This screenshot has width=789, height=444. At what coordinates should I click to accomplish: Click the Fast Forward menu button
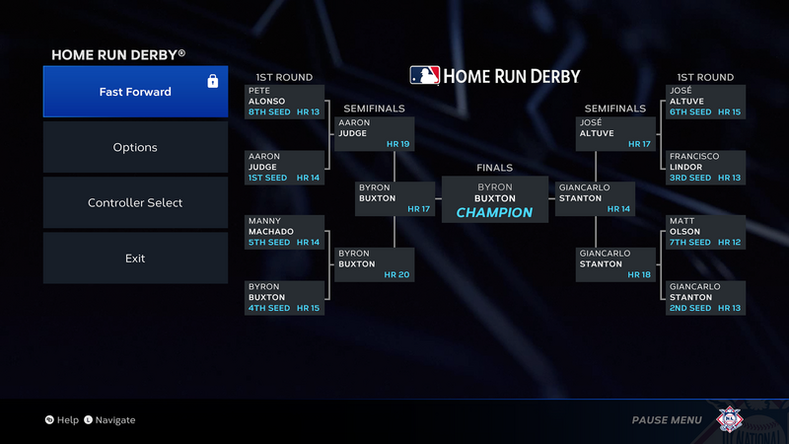pyautogui.click(x=135, y=92)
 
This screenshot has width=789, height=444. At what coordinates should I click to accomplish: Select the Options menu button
pyautogui.click(x=135, y=147)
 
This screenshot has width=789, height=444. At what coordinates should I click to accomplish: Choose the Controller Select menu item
pyautogui.click(x=135, y=202)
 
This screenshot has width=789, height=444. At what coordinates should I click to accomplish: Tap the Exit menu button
pyautogui.click(x=135, y=258)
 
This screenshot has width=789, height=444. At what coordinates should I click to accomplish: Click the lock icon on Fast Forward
pyautogui.click(x=212, y=81)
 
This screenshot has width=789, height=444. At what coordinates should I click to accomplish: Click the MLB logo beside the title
pyautogui.click(x=425, y=76)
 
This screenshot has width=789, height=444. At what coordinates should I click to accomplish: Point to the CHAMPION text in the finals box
pyautogui.click(x=494, y=212)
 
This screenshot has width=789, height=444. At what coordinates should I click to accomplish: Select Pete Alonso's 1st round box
pyautogui.click(x=284, y=102)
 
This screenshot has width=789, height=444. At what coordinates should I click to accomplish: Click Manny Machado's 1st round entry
pyautogui.click(x=284, y=232)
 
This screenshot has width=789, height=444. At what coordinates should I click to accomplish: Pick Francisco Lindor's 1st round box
pyautogui.click(x=703, y=167)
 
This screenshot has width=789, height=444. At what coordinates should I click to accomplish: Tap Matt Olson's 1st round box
pyautogui.click(x=703, y=232)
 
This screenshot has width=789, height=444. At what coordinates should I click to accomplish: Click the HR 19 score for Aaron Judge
pyautogui.click(x=398, y=144)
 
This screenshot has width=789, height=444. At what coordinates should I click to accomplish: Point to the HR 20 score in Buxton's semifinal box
pyautogui.click(x=398, y=274)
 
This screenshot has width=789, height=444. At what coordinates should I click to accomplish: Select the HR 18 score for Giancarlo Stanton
pyautogui.click(x=640, y=274)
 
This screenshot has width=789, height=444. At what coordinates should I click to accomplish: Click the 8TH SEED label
pyautogui.click(x=268, y=112)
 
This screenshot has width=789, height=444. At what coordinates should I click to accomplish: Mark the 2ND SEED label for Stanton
pyautogui.click(x=690, y=308)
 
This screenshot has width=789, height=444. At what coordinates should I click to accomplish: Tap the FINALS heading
pyautogui.click(x=494, y=168)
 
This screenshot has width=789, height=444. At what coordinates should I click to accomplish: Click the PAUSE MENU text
pyautogui.click(x=667, y=420)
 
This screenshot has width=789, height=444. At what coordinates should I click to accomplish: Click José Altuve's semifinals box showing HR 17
pyautogui.click(x=615, y=133)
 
